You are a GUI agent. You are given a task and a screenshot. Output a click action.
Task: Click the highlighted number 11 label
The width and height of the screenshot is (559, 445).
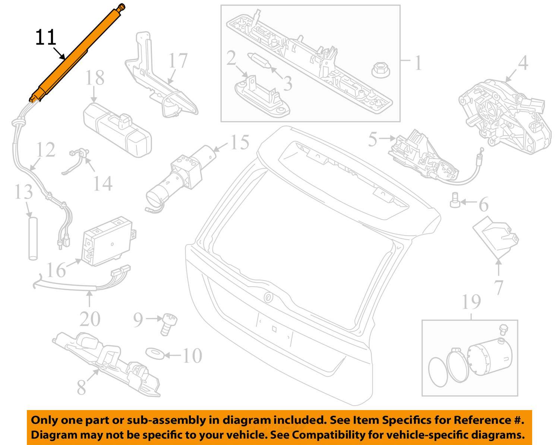click(45, 38)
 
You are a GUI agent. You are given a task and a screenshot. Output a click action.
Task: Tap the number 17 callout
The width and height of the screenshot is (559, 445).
click(178, 61)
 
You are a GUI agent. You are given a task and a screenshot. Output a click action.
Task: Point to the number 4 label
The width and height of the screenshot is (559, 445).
click(523, 63)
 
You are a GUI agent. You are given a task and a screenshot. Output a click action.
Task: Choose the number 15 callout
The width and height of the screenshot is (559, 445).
click(239, 143)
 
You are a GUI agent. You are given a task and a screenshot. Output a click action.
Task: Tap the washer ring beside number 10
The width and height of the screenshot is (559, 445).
click(154, 353)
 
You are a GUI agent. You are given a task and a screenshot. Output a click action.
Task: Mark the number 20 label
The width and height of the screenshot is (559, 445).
click(90, 319)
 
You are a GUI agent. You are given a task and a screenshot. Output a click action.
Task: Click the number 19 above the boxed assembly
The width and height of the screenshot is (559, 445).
click(471, 302)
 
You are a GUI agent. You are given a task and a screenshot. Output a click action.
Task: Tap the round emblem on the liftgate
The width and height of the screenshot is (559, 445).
click(268, 297)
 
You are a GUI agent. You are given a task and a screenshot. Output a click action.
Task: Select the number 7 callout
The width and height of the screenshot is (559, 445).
click(499, 287)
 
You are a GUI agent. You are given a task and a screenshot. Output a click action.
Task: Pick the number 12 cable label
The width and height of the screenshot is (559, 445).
click(46, 150)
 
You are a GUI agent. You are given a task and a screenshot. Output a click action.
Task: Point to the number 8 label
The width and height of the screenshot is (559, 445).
click(81, 387)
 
